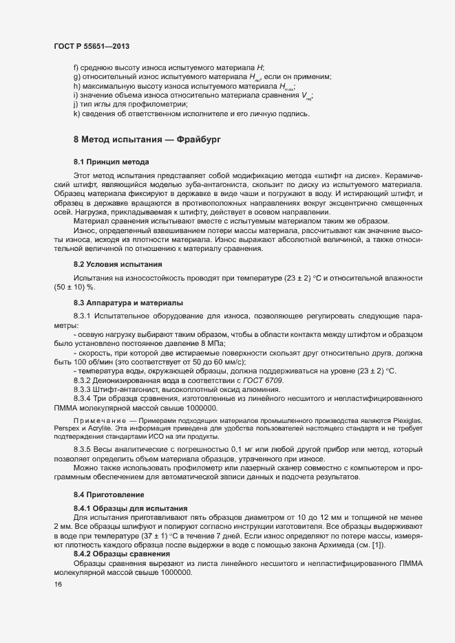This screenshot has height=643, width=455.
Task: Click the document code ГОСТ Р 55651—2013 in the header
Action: [92, 46]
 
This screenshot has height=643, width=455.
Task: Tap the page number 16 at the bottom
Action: [58, 585]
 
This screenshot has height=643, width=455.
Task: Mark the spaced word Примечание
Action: [98, 418]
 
